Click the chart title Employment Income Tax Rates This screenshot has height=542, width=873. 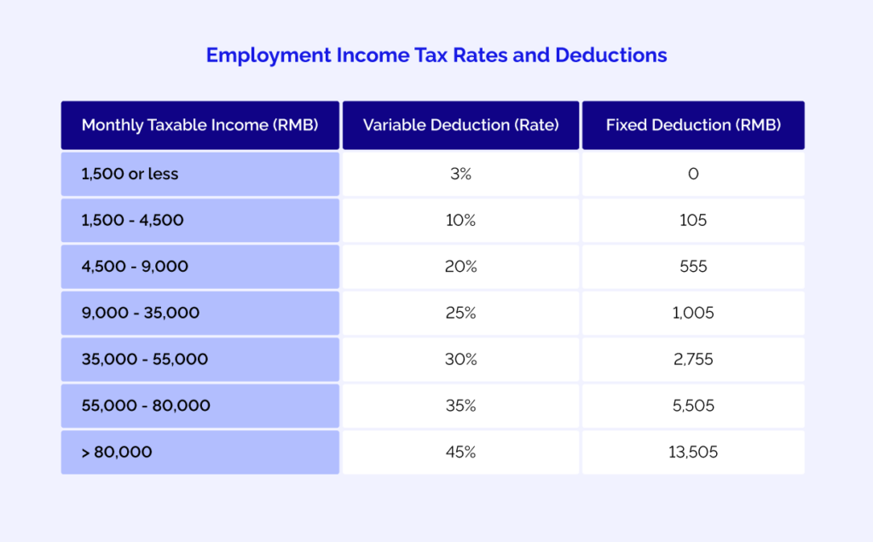(436, 55)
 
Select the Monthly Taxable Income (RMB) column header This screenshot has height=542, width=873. (199, 125)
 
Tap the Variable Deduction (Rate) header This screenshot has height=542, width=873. (460, 125)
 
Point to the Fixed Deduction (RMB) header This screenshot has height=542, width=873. (693, 125)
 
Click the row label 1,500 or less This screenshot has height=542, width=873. (130, 174)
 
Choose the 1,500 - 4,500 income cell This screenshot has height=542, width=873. (132, 220)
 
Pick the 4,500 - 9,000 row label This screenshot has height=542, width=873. (135, 267)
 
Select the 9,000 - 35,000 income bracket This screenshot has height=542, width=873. (141, 313)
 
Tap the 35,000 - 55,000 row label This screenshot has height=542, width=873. (145, 360)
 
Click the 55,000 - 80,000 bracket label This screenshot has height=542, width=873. (146, 406)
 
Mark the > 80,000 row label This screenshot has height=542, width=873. (117, 453)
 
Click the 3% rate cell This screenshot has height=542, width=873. (460, 174)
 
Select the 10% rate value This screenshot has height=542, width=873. (460, 220)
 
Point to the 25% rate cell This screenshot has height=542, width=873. (460, 313)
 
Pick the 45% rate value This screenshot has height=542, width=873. (460, 453)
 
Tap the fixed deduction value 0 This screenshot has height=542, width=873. (693, 174)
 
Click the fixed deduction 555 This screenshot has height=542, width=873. (693, 267)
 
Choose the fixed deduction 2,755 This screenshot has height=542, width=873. (693, 360)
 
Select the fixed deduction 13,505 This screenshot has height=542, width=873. (693, 453)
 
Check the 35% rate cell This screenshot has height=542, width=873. (460, 406)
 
